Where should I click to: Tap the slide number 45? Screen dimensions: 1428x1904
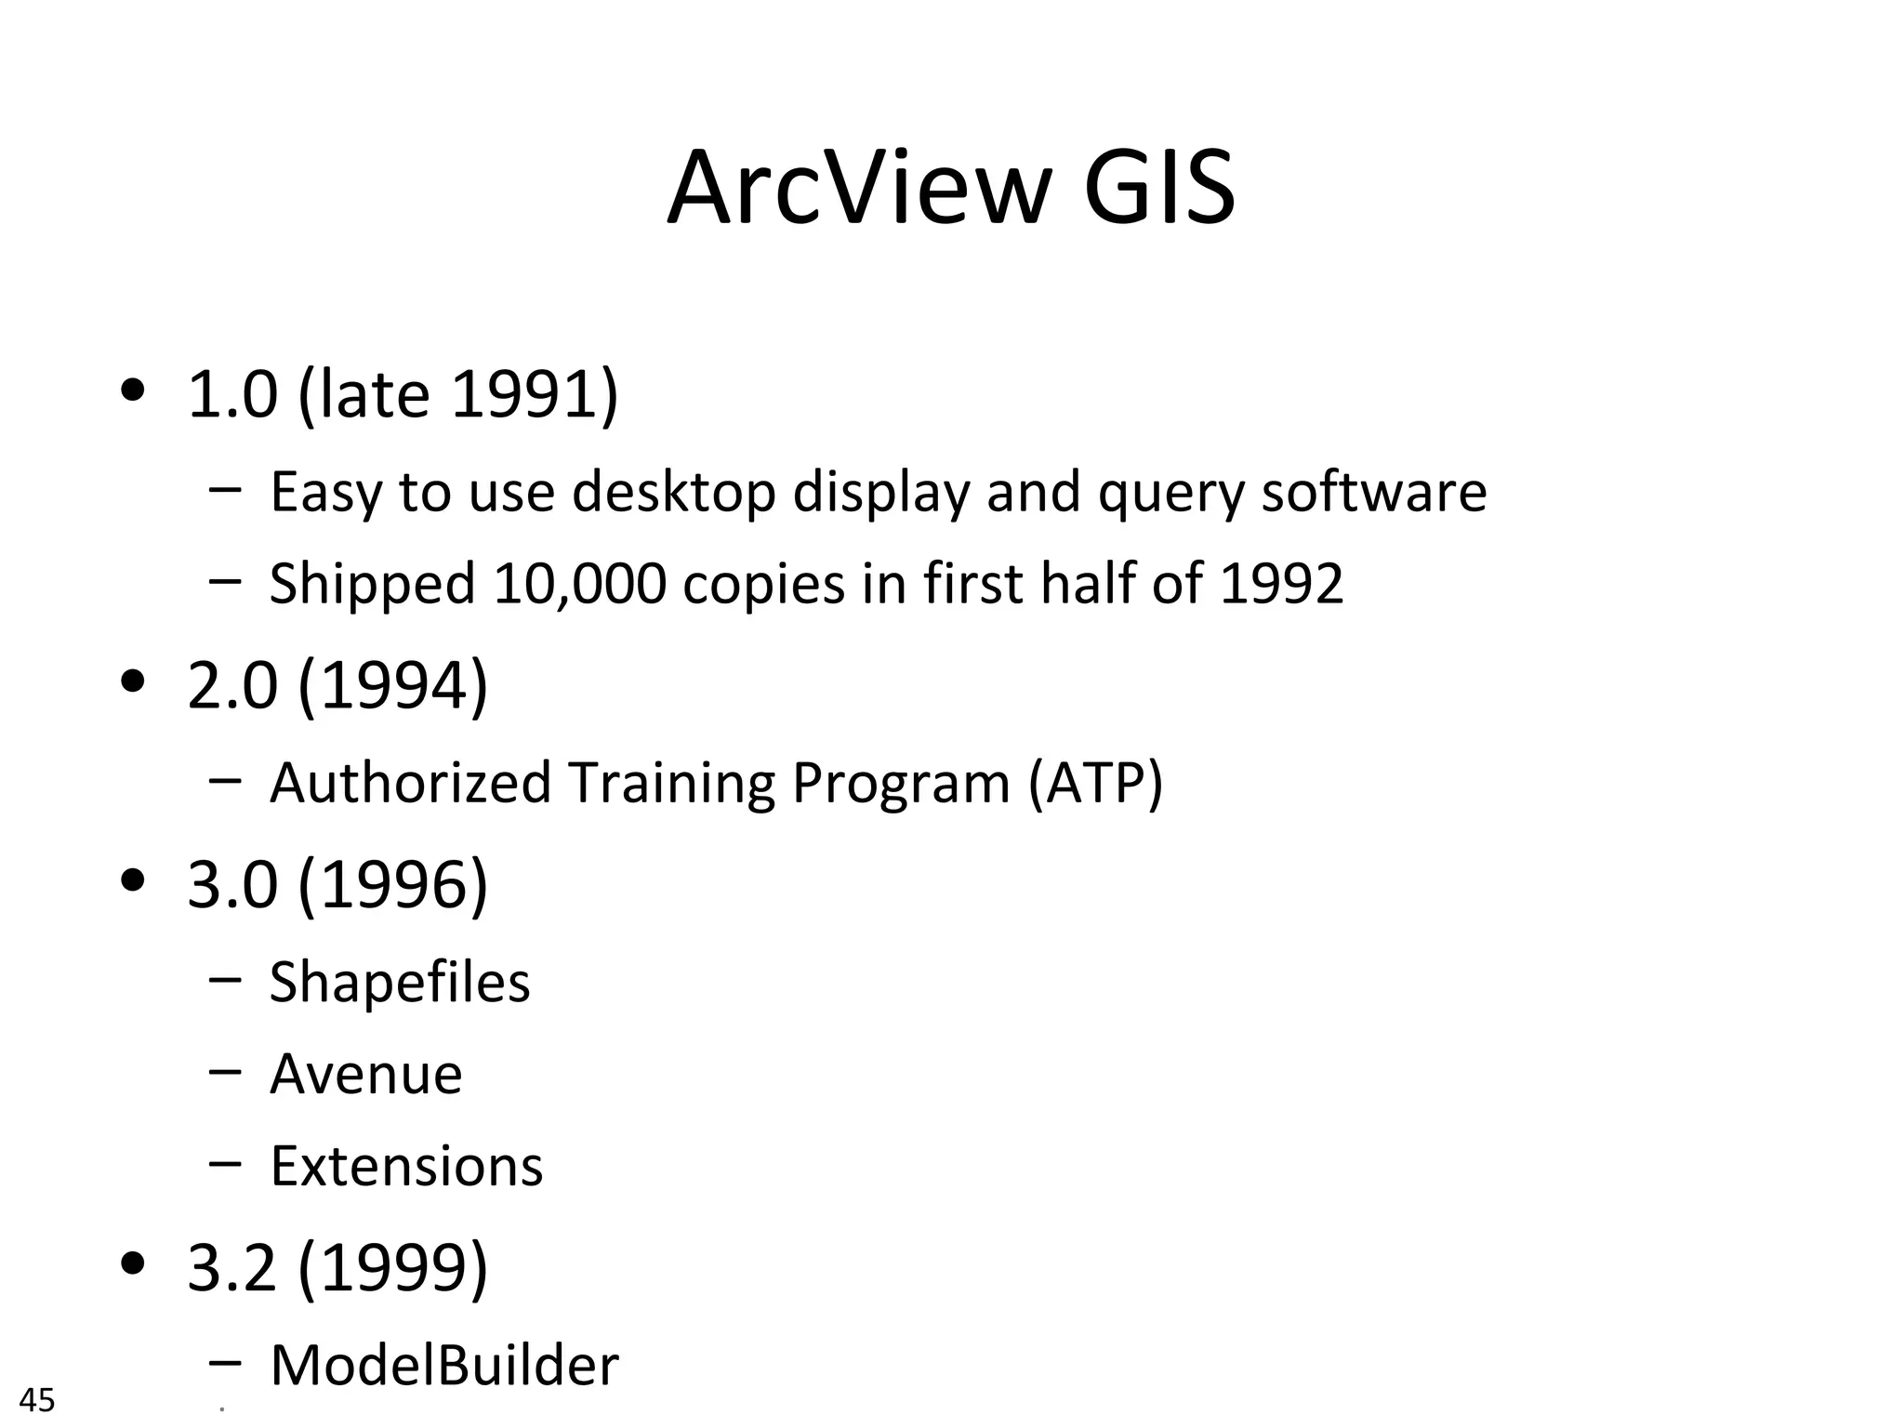click(37, 1399)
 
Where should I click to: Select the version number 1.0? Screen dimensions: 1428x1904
click(232, 394)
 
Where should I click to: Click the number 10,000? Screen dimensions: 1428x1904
click(579, 584)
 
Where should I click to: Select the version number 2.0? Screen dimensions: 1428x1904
click(232, 686)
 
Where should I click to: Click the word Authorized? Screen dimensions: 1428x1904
click(411, 783)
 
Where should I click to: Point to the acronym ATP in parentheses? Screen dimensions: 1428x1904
click(1095, 783)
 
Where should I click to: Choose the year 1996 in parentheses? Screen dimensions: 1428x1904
click(394, 884)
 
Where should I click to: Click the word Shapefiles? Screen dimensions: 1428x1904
click(400, 982)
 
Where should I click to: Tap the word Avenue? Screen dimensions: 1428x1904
click(365, 1075)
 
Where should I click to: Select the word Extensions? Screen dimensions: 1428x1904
click(406, 1166)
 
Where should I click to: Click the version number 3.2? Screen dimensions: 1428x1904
click(232, 1268)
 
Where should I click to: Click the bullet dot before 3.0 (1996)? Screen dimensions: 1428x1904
click(133, 879)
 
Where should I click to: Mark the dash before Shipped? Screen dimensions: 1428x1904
click(225, 580)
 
